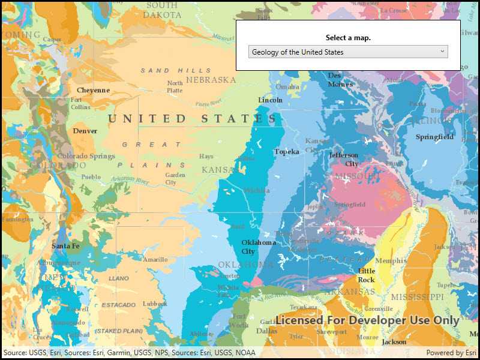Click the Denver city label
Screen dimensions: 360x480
85,131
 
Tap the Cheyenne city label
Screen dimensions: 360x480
93,90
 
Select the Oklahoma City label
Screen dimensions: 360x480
259,247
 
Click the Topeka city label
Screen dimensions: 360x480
286,152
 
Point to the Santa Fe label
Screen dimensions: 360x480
65,246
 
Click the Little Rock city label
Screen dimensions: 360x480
366,275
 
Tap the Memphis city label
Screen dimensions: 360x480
391,260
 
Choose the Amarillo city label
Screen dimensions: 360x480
155,260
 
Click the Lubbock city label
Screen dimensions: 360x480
155,304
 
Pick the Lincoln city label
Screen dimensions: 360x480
270,100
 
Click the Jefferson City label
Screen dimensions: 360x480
344,160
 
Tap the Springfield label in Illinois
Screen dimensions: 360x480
434,137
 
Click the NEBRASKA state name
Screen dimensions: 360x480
211,80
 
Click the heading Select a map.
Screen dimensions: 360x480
348,38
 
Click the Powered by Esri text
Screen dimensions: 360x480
451,353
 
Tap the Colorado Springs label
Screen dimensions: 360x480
86,157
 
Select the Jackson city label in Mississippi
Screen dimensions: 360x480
394,341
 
